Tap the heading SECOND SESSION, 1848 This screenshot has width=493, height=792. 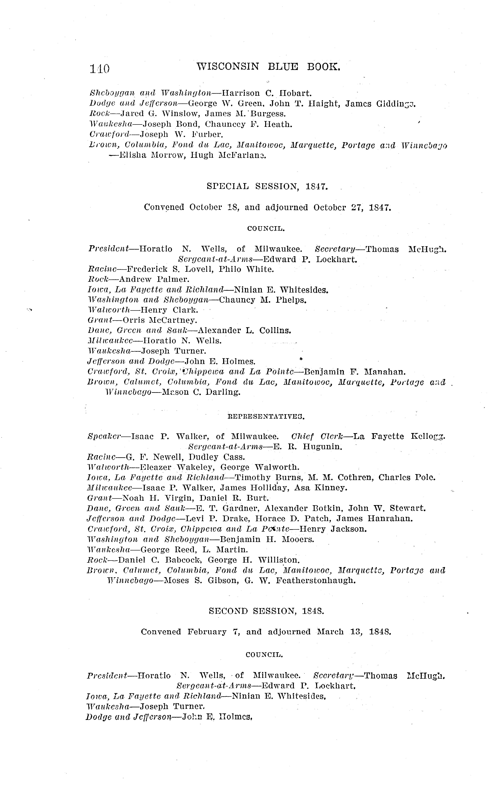click(266, 611)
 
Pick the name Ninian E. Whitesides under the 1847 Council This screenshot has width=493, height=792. click(281, 290)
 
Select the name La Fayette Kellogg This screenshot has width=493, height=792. click(399, 436)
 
